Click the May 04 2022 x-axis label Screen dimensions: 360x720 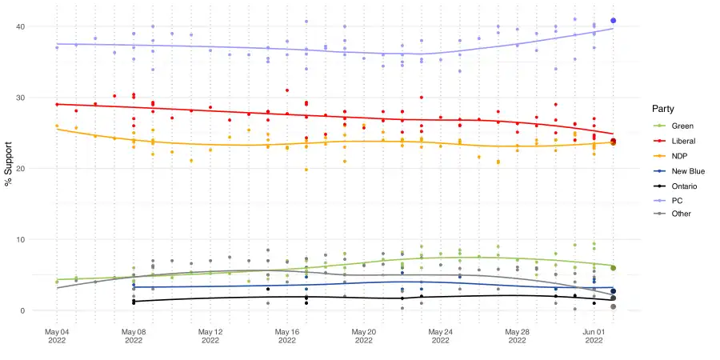tap(57, 335)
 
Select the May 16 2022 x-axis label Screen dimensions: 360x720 tap(287, 335)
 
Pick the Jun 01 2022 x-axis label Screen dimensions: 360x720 tap(594, 335)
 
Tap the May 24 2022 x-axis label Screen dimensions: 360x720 tap(441, 335)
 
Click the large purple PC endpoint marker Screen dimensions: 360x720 tap(613, 21)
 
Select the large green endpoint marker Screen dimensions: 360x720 tap(613, 268)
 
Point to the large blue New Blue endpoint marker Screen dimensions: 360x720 tap(613, 291)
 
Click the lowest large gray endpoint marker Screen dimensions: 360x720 tap(613, 306)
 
